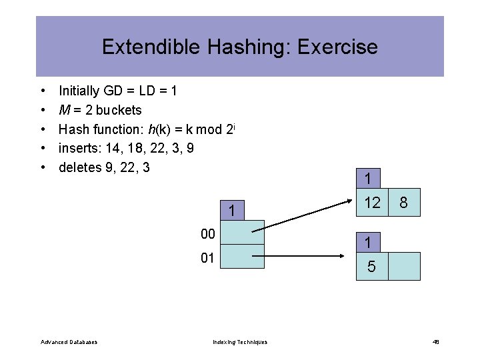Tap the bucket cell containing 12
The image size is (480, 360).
(371, 203)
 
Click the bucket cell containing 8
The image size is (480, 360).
(404, 203)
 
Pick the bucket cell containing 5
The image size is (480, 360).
(371, 267)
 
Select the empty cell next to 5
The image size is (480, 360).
(404, 266)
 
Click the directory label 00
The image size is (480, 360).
(207, 233)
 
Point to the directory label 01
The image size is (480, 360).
(207, 257)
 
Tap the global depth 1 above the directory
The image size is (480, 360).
(231, 211)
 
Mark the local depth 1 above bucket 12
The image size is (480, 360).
(367, 179)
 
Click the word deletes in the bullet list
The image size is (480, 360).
(80, 167)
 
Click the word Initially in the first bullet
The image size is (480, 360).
(79, 90)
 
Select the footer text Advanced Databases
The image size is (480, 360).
(69, 342)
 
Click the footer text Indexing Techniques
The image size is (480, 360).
(240, 342)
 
